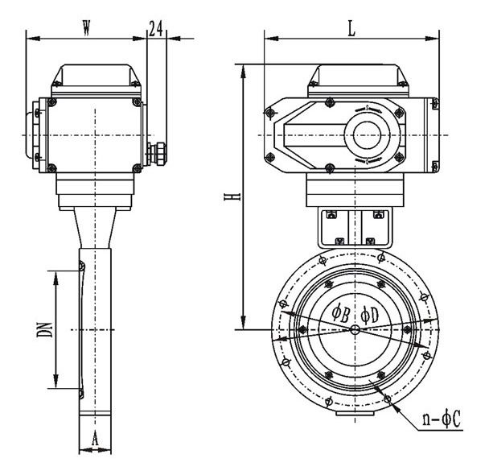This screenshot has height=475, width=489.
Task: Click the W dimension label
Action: [86, 28]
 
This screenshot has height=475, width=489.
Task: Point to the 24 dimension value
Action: [156, 28]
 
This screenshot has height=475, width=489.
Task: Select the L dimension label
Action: [351, 29]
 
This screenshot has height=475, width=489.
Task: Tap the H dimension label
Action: [232, 196]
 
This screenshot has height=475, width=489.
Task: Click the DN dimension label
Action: [44, 329]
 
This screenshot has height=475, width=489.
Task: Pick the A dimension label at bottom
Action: [95, 439]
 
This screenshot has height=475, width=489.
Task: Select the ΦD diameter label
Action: [370, 315]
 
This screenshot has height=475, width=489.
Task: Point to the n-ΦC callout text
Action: [442, 419]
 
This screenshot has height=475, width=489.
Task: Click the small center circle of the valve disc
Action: [355, 329]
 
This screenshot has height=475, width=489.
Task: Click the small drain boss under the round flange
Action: [355, 412]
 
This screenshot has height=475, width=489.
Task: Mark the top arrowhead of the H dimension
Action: [244, 72]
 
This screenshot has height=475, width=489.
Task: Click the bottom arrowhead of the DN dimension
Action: [55, 382]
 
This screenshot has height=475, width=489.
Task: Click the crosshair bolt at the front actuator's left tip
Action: [270, 113]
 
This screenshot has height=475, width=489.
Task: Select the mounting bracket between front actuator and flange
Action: [355, 228]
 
